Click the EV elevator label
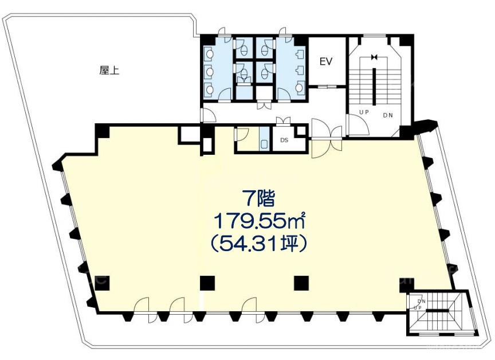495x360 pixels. click(x=326, y=61)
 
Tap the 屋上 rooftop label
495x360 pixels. click(x=109, y=70)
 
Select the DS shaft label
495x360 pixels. click(x=284, y=140)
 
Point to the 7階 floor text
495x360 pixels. click(x=258, y=199)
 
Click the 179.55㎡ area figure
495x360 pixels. click(x=260, y=221)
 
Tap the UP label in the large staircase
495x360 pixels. click(x=364, y=112)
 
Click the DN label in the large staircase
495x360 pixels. click(x=388, y=116)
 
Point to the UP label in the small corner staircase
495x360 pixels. click(x=418, y=308)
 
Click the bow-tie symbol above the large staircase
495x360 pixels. click(x=375, y=57)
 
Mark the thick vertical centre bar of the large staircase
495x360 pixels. click(x=375, y=87)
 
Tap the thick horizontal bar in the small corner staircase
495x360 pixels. click(x=437, y=311)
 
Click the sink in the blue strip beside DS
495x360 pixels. click(x=264, y=144)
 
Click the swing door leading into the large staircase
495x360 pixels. click(x=357, y=124)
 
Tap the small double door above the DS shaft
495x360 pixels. click(x=283, y=120)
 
